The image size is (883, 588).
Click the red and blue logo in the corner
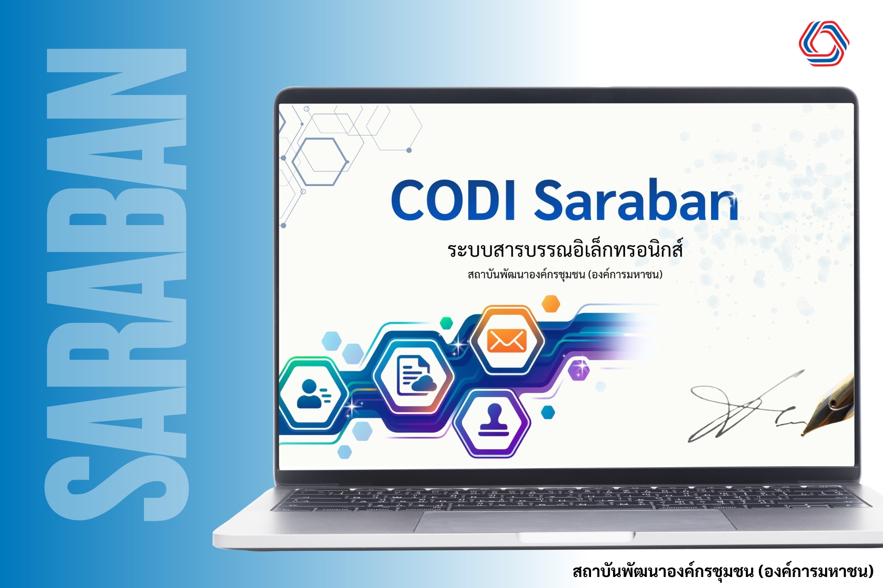click(824, 43)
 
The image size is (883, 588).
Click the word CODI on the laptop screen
click(453, 200)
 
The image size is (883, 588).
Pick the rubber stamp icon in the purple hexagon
click(493, 419)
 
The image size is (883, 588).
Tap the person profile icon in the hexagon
click(313, 394)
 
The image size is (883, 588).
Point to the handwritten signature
click(747, 407)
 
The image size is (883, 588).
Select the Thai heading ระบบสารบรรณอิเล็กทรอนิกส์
click(565, 249)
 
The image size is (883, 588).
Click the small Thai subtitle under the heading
click(565, 275)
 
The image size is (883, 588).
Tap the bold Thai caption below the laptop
click(723, 571)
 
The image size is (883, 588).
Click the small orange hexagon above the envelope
click(550, 304)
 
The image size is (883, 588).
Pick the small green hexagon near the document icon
click(446, 323)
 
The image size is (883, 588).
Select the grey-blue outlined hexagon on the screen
click(320, 162)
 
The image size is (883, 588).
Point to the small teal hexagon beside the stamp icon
click(548, 412)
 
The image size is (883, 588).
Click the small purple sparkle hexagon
click(579, 370)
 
